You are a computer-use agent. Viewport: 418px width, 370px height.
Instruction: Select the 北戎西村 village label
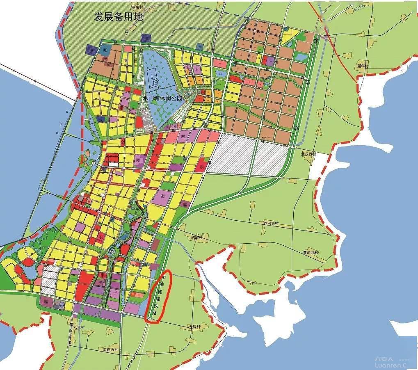click(309, 154)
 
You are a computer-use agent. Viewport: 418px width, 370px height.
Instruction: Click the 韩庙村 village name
click(197, 238)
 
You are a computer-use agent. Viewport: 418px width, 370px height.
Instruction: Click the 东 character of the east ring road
click(315, 42)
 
